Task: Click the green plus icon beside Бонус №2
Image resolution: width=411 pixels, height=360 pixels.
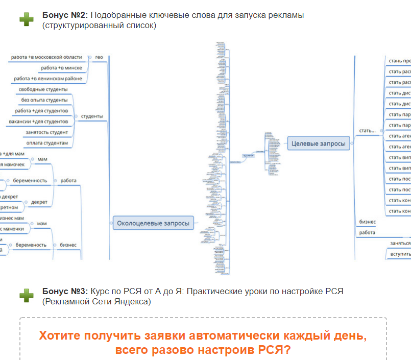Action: (x=27, y=19)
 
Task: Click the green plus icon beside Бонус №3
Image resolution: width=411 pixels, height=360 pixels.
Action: (x=27, y=295)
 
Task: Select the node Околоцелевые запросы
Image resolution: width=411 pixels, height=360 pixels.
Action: (x=153, y=223)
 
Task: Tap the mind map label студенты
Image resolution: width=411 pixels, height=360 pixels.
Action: (x=92, y=116)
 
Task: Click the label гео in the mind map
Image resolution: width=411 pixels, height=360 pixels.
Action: (x=99, y=57)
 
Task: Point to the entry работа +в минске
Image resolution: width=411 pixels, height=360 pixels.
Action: (x=61, y=68)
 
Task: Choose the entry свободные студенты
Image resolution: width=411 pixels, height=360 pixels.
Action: (x=43, y=89)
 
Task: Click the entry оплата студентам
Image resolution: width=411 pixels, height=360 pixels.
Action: (x=46, y=143)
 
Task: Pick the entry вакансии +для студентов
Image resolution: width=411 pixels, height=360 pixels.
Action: (x=38, y=122)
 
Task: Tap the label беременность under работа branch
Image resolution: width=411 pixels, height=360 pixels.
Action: (x=30, y=180)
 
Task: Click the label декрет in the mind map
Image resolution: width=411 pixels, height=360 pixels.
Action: (x=39, y=202)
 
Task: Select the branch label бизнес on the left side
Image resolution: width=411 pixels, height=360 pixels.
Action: (x=68, y=245)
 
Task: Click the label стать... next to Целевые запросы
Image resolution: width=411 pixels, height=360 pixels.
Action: (x=367, y=131)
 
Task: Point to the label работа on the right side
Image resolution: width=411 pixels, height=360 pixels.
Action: (x=367, y=232)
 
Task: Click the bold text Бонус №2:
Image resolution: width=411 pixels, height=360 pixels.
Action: (x=64, y=15)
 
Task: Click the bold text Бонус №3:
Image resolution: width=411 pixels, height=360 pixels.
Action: (x=64, y=291)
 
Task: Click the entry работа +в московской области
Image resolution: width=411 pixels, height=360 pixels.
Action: (x=46, y=57)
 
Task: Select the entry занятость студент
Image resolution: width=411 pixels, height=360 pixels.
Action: (x=46, y=132)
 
